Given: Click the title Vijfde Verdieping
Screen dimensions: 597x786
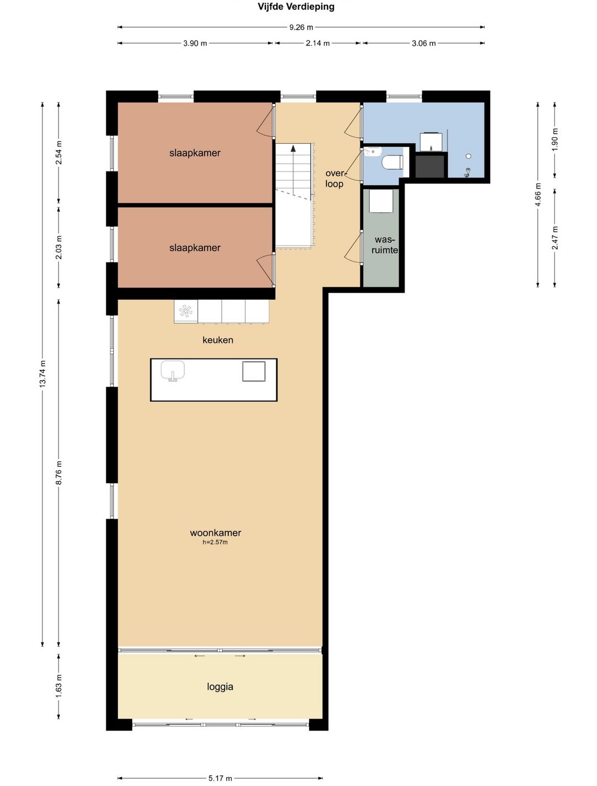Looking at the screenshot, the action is [x=296, y=7].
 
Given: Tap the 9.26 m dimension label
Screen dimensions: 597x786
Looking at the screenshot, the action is [x=301, y=27].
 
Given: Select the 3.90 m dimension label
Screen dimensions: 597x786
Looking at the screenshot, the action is [x=195, y=43].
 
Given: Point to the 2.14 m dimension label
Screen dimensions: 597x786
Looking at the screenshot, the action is [x=318, y=43].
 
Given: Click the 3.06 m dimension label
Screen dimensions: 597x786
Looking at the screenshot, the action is [x=424, y=43].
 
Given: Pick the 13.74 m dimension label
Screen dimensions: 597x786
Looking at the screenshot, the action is [x=43, y=373].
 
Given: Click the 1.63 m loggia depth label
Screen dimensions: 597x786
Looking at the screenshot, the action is [x=59, y=685].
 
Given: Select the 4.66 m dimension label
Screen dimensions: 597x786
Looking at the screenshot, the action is [x=538, y=195].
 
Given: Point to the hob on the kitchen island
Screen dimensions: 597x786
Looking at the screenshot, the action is [x=254, y=371].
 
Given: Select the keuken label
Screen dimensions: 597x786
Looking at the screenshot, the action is [x=218, y=340].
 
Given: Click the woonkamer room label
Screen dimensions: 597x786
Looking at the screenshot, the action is [x=216, y=533].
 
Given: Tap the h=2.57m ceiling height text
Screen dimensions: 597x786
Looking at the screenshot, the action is [x=215, y=542].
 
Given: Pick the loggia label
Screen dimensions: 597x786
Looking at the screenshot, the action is [x=220, y=687].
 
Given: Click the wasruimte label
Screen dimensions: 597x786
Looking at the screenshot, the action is [x=385, y=245].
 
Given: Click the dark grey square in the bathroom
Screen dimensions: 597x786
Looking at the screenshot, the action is [x=430, y=165].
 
